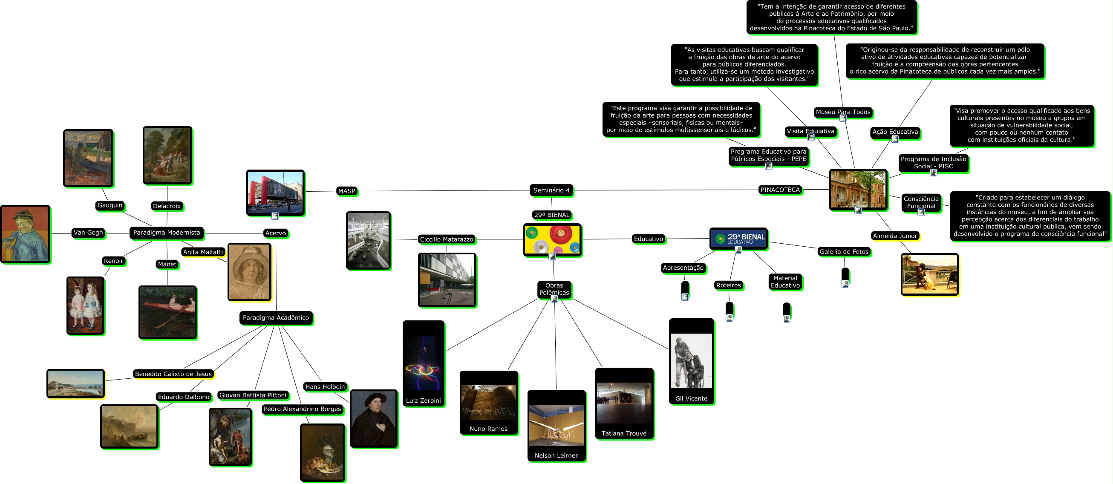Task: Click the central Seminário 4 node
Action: [x=551, y=190]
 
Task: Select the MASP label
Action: [x=346, y=191]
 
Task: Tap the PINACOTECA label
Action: [x=780, y=190]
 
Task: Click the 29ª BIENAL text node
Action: [x=552, y=215]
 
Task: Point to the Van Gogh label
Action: [x=88, y=233]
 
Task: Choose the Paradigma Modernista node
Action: [x=166, y=233]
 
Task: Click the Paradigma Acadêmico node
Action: [x=276, y=318]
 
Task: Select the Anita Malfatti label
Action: [x=203, y=252]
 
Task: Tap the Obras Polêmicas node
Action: [x=554, y=289]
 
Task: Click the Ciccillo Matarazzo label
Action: [x=446, y=239]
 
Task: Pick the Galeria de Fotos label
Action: [x=844, y=251]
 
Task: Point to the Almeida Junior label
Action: [x=895, y=236]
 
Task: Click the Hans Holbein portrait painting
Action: [x=373, y=418]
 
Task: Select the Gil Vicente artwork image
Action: [x=691, y=361]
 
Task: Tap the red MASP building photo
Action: [x=275, y=192]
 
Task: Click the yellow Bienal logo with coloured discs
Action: [x=552, y=239]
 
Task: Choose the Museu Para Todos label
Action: [x=843, y=112]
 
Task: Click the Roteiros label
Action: [x=729, y=285]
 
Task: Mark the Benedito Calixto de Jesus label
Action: [x=173, y=374]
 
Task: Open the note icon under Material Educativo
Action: [x=786, y=319]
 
